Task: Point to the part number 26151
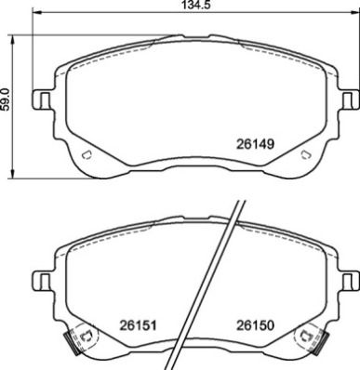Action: click(138, 325)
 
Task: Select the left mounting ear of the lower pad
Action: click(42, 278)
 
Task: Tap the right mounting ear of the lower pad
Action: click(349, 278)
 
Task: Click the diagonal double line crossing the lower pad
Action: click(214, 288)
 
